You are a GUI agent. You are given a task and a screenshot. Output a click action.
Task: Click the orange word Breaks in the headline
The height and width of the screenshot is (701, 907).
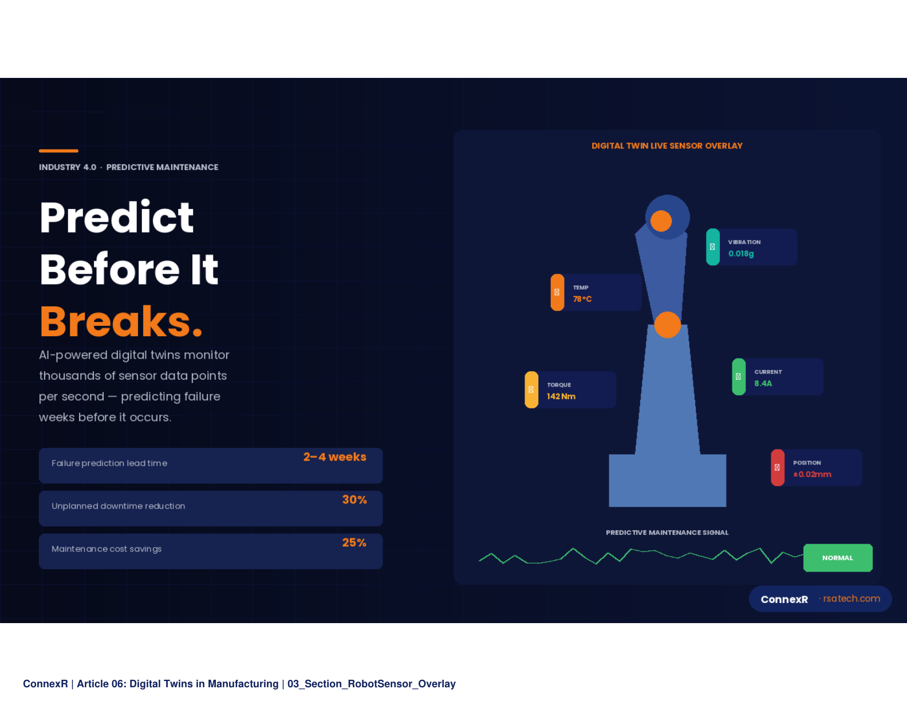pyautogui.click(x=121, y=321)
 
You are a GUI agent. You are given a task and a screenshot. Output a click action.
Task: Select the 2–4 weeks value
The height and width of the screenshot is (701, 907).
pyautogui.click(x=335, y=457)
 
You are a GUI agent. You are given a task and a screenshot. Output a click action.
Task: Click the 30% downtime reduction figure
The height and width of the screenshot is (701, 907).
pyautogui.click(x=354, y=500)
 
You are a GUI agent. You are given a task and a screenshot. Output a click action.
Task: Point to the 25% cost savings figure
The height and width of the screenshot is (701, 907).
pyautogui.click(x=354, y=542)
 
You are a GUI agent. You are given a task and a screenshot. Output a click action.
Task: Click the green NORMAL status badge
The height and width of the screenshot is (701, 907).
pyautogui.click(x=838, y=558)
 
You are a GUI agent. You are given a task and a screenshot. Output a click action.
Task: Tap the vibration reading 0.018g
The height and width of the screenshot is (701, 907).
pyautogui.click(x=741, y=254)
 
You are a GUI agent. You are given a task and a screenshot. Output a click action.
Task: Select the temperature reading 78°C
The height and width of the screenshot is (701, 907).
pyautogui.click(x=582, y=299)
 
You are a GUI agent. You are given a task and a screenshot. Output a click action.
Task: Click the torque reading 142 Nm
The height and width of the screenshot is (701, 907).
pyautogui.click(x=561, y=396)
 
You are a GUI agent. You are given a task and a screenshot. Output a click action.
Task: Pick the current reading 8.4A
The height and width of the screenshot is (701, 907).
pyautogui.click(x=763, y=383)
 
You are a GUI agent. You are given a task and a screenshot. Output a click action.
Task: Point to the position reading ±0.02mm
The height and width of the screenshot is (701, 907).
pyautogui.click(x=813, y=474)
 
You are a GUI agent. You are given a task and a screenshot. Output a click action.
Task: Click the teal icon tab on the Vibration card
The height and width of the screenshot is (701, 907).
pyautogui.click(x=713, y=247)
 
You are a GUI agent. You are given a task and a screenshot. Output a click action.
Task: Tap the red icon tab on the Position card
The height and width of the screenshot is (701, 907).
pyautogui.click(x=778, y=467)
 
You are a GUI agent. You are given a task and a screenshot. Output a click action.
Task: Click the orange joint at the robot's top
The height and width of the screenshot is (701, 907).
pyautogui.click(x=661, y=221)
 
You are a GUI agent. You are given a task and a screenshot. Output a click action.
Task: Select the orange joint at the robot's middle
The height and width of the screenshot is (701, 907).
pyautogui.click(x=668, y=325)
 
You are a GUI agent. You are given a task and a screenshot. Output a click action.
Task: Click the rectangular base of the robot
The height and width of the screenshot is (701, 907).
pyautogui.click(x=668, y=481)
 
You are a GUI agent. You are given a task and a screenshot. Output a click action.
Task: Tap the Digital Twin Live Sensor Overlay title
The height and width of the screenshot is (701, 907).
pyautogui.click(x=667, y=145)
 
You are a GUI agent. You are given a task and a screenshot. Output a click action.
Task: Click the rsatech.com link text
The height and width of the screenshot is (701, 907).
pyautogui.click(x=851, y=598)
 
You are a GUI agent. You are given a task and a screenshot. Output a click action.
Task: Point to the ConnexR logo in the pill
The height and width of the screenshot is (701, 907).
pyautogui.click(x=784, y=599)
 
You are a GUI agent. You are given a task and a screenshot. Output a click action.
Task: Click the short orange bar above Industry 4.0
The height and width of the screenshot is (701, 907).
pyautogui.click(x=58, y=151)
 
